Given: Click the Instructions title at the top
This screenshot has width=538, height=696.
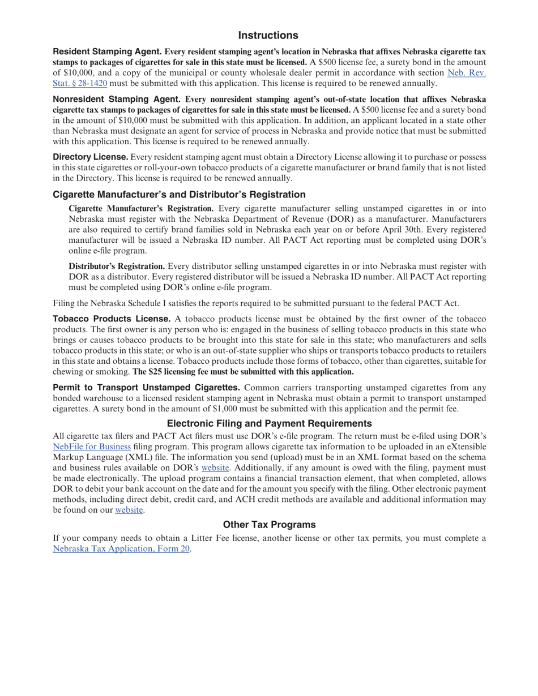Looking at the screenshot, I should pyautogui.click(x=268, y=36).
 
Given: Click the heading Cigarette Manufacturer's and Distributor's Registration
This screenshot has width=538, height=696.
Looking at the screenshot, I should pyautogui.click(x=179, y=194).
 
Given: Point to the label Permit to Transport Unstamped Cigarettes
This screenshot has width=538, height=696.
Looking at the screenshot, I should pyautogui.click(x=146, y=388).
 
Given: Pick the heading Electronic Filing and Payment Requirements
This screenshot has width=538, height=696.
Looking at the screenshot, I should pyautogui.click(x=269, y=423).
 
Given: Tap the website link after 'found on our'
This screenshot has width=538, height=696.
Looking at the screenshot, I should pyautogui.click(x=129, y=510).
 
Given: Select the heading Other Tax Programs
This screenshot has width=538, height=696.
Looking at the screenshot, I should pyautogui.click(x=269, y=525).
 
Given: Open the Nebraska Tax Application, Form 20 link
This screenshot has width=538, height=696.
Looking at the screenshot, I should pyautogui.click(x=121, y=548).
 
